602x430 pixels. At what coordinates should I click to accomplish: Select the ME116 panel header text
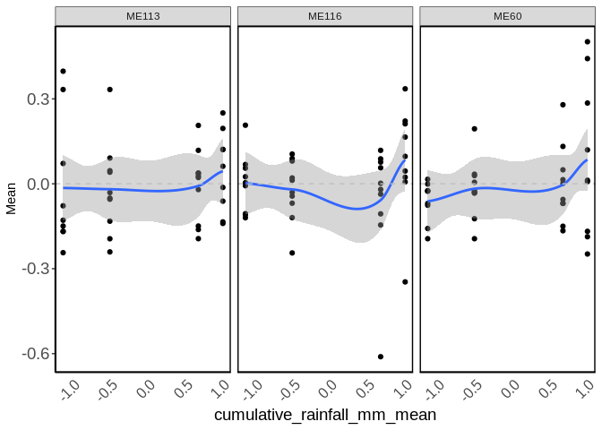point(325,16)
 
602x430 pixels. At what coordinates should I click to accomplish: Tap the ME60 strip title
point(507,16)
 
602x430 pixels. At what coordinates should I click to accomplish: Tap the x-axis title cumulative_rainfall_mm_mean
point(325,415)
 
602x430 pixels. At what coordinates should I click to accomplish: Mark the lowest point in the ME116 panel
point(381,357)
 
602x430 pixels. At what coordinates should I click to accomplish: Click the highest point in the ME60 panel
point(588,41)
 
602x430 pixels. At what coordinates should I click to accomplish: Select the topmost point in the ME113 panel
point(63,71)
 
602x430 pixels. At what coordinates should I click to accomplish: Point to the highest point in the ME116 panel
point(405,89)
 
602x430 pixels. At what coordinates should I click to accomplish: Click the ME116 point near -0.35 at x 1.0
point(405,281)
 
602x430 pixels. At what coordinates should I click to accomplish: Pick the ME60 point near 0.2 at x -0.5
point(475,129)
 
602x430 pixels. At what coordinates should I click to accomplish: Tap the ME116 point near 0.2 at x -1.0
point(245,125)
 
